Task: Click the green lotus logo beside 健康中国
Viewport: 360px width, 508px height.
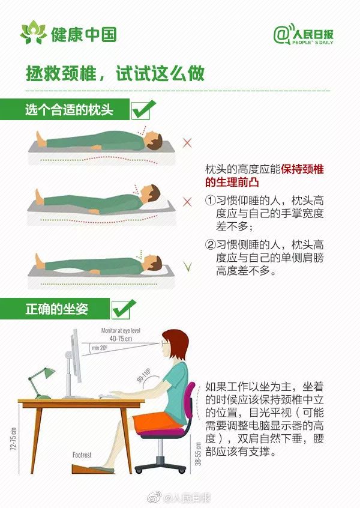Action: coord(34,32)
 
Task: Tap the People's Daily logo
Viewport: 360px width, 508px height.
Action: coord(304,34)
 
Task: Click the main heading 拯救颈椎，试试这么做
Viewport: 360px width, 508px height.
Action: coord(115,73)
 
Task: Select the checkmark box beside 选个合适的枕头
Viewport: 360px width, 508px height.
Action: coord(143,110)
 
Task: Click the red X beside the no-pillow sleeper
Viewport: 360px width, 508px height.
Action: coord(187,142)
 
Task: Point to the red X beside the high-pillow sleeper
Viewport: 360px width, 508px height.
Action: coord(187,202)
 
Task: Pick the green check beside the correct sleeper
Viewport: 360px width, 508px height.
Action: coord(187,267)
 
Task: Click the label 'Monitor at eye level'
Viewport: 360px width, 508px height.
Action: coord(121,330)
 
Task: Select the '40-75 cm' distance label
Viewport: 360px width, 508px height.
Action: coord(121,339)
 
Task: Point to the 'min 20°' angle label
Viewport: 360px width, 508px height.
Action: coord(99,348)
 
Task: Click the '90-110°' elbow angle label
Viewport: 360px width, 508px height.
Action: coord(143,375)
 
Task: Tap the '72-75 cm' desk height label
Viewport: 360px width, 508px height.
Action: coord(14,439)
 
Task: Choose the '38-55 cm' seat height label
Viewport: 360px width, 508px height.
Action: coord(198,454)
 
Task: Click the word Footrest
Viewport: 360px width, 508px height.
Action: coord(82,455)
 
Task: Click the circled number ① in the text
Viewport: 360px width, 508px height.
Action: coord(210,200)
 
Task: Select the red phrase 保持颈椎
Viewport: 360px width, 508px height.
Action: coord(302,169)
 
